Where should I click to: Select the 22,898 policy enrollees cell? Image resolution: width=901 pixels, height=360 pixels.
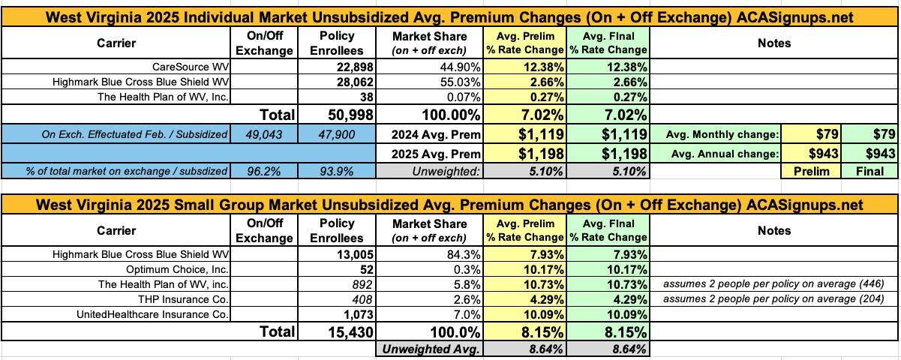click(x=343, y=67)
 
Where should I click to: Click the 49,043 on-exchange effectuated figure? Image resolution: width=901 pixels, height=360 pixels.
click(x=266, y=134)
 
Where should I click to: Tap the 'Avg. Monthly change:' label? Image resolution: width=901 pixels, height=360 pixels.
click(x=718, y=134)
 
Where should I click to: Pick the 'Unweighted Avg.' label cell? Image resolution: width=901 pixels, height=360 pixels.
click(x=430, y=349)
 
